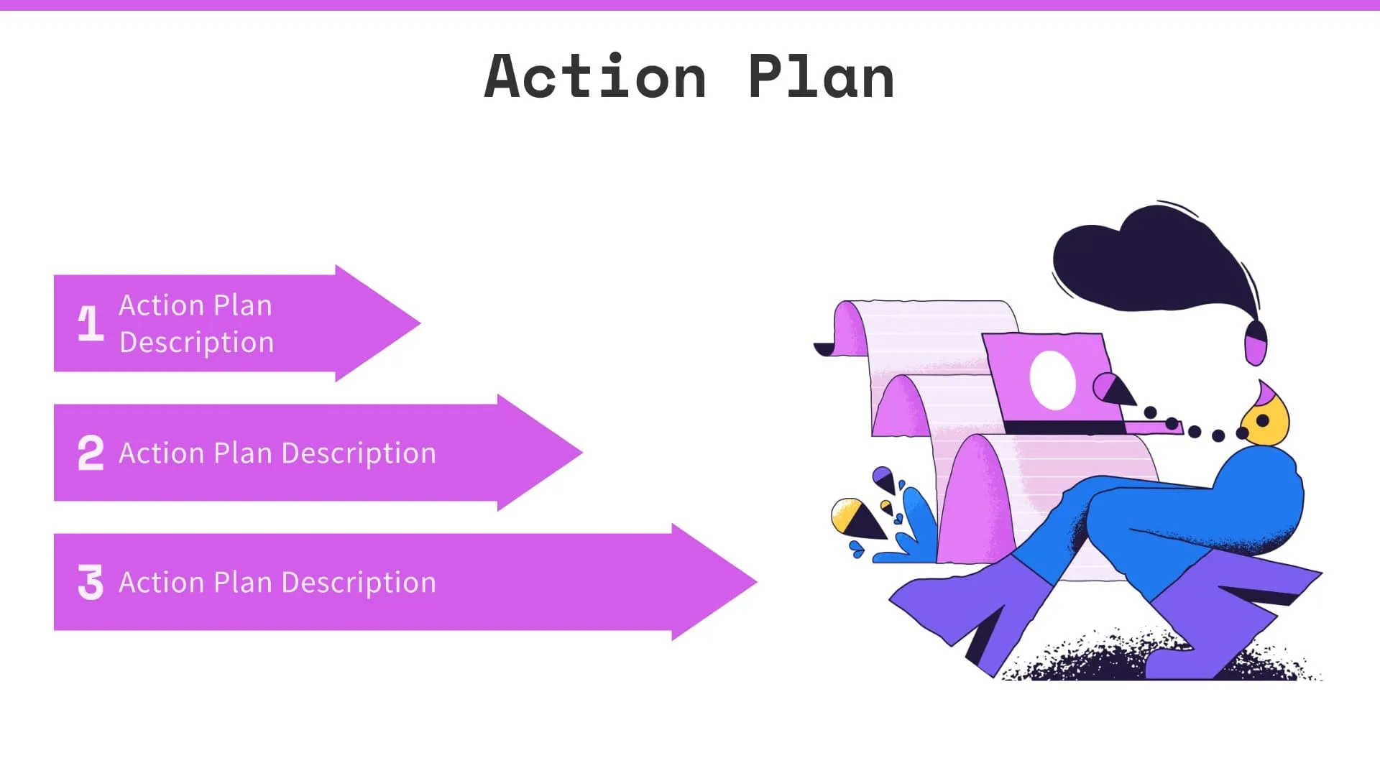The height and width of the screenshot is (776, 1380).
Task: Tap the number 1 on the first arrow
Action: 91,323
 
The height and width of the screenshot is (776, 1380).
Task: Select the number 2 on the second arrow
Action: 91,453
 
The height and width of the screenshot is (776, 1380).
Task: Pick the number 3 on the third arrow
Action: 91,582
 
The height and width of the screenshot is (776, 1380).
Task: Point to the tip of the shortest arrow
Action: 418,323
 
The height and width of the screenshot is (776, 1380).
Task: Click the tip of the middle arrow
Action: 580,453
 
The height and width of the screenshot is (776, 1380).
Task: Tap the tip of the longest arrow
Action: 755,582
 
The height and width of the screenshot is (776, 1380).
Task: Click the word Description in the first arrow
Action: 196,343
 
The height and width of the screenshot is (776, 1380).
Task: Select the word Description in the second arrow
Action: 359,454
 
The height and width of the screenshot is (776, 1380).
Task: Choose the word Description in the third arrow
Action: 359,583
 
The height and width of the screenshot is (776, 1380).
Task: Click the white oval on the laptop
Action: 1052,380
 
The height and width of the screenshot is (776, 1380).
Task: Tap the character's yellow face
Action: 1266,422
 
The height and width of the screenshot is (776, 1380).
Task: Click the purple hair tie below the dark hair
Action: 1255,343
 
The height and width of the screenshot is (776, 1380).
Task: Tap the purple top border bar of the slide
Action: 690,5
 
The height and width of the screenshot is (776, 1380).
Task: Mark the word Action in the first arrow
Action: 160,305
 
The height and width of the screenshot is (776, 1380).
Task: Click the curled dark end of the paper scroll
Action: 824,349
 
